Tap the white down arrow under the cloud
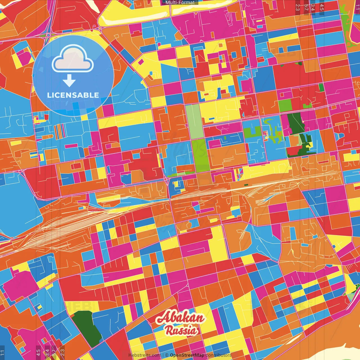point(69,81)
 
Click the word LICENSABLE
point(73,95)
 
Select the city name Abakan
point(180,318)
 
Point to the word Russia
point(181,330)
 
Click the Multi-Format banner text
point(180,3)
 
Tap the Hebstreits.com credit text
point(144,355)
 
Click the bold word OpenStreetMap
point(187,355)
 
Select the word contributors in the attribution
point(219,355)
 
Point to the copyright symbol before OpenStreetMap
point(167,355)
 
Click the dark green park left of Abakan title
point(86,328)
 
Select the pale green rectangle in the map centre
point(194,121)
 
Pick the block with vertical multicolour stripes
point(60,132)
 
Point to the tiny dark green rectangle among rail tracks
point(246,185)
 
